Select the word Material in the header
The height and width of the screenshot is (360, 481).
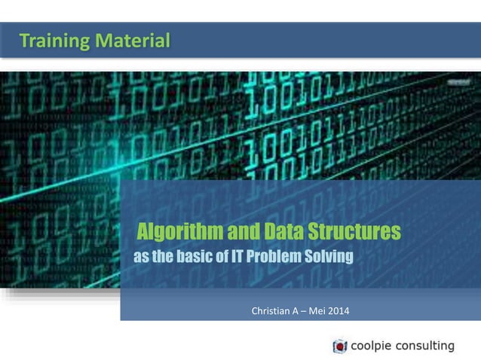coord(133,40)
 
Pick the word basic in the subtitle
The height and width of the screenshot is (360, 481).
coord(194,258)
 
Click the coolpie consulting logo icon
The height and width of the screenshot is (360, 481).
coord(339,346)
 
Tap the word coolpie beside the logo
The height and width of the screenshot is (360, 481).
coord(373,346)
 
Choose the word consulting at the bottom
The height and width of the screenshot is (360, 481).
coord(427,346)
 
